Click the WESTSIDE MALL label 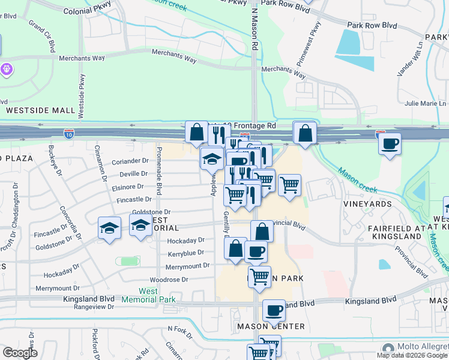tap(41, 110)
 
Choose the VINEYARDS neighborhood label tap(368, 204)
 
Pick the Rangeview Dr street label tap(94, 307)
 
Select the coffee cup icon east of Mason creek tap(390, 144)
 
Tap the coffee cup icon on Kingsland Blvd tap(274, 310)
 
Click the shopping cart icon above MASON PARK tap(259, 277)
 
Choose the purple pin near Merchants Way tap(7, 69)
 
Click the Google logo tap(20, 353)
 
